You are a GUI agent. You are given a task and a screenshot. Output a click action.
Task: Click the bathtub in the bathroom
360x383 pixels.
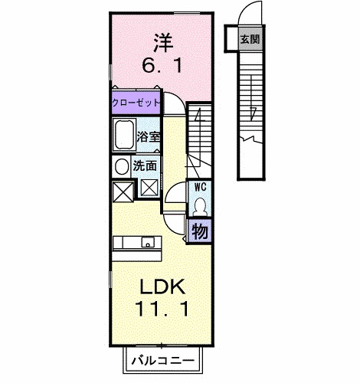(x=124, y=136)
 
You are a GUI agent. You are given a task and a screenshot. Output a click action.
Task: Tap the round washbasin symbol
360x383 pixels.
(x=122, y=165)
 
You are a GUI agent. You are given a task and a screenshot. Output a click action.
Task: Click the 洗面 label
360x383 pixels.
(x=146, y=165)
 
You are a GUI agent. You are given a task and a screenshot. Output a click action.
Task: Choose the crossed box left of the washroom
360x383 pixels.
(x=122, y=190)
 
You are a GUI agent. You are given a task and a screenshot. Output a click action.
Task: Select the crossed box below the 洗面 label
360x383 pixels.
(x=149, y=185)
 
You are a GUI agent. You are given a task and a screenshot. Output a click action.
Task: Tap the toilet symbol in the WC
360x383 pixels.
(x=199, y=206)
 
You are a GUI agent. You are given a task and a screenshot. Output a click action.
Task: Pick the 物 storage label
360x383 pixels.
(x=200, y=230)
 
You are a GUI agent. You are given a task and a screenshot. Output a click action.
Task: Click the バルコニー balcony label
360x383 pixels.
(x=162, y=359)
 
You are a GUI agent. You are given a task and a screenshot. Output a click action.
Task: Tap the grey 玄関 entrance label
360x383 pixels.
(x=247, y=38)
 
